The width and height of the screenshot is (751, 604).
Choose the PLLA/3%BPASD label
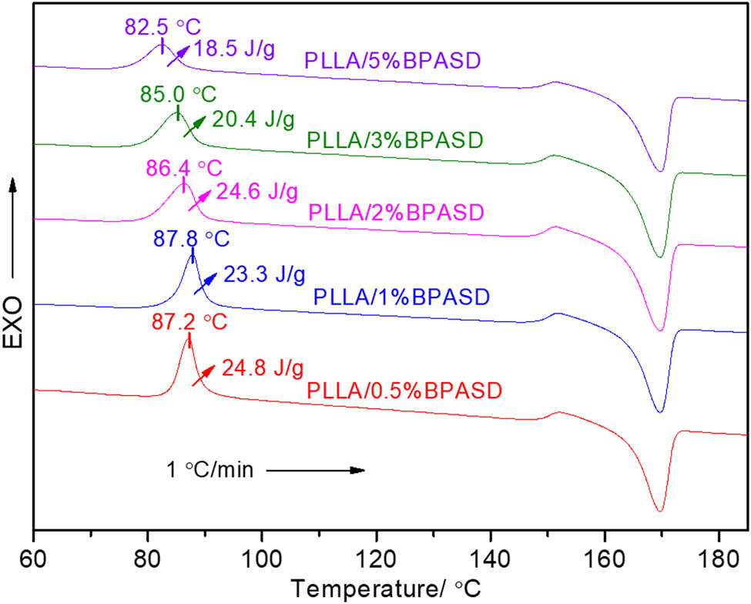[x=394, y=140]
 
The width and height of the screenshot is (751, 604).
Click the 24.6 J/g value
[x=253, y=190]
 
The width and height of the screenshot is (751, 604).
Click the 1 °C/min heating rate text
[x=210, y=469]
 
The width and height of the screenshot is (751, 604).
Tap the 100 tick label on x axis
[x=261, y=555]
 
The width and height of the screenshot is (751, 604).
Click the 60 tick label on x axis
[x=33, y=555]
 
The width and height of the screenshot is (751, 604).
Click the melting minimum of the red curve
[x=659, y=510]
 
